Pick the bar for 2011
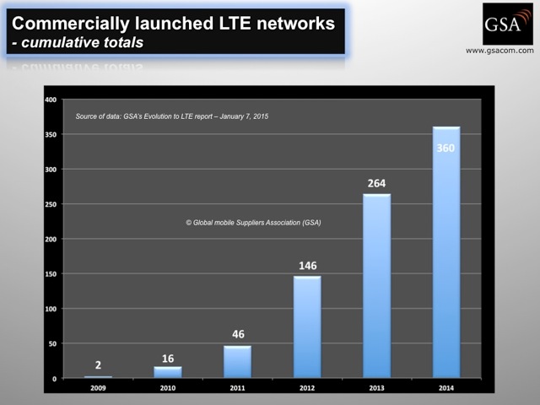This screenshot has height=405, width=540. pyautogui.click(x=237, y=362)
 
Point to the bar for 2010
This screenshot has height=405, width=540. pyautogui.click(x=167, y=372)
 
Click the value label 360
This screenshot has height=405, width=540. pyautogui.click(x=446, y=148)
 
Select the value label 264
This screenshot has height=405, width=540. pyautogui.click(x=376, y=182)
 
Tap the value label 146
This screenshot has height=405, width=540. pyautogui.click(x=307, y=265)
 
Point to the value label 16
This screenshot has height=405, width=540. pyautogui.click(x=167, y=355)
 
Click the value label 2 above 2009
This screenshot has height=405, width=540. pyautogui.click(x=98, y=364)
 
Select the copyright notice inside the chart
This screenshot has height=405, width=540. pyautogui.click(x=254, y=223)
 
